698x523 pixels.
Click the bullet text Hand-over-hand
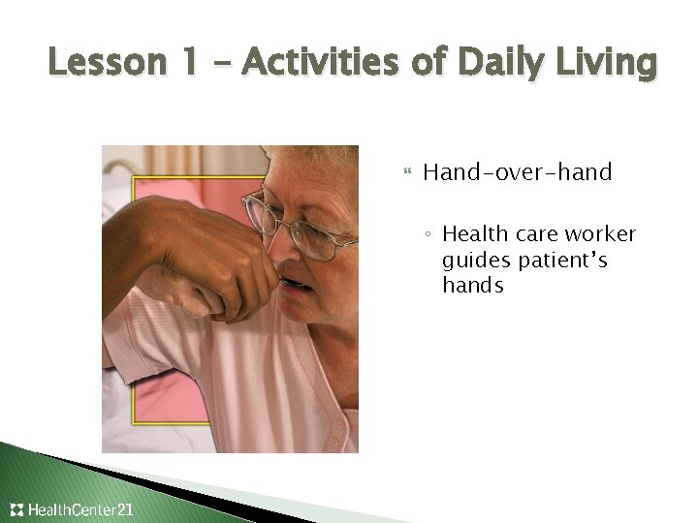(517, 173)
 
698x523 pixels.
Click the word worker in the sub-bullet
(602, 234)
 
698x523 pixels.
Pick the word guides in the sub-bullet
(474, 261)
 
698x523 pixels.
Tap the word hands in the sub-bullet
(472, 286)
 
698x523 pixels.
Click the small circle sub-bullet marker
(428, 235)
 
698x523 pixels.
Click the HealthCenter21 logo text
(81, 509)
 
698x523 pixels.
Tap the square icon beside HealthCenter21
(17, 509)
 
